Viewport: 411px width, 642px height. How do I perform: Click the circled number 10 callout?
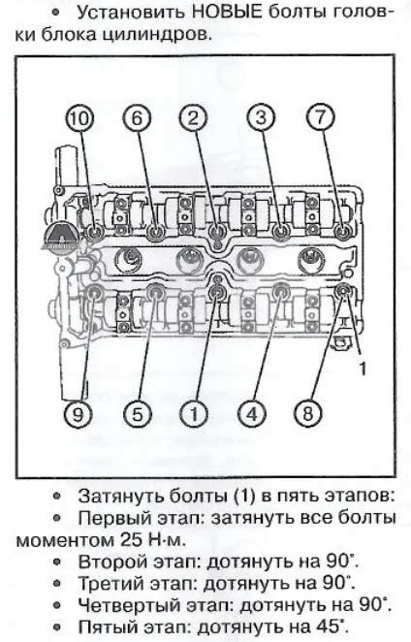click(79, 118)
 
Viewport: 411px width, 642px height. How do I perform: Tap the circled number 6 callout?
click(137, 118)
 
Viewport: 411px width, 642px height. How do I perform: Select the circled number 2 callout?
click(193, 118)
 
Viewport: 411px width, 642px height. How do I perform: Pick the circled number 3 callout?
click(261, 118)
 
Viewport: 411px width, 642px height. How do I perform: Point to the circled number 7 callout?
click(320, 117)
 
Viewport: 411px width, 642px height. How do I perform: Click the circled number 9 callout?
click(78, 414)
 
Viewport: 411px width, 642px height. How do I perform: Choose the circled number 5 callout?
click(137, 414)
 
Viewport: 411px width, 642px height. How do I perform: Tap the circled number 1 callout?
click(194, 414)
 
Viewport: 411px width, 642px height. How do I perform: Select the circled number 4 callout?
click(252, 414)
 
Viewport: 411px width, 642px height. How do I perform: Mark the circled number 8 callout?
click(308, 413)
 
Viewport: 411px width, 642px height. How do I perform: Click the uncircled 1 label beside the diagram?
click(363, 369)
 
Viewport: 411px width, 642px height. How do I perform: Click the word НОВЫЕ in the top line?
click(227, 13)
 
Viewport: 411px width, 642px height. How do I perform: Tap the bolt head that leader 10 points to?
click(96, 232)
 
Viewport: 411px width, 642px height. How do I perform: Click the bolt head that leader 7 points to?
click(342, 232)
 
